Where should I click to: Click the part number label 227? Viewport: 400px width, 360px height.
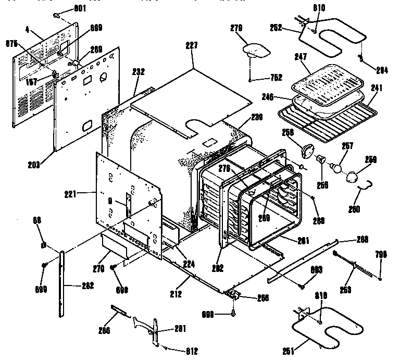click(x=192, y=45)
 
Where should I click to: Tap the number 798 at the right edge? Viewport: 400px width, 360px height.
click(x=381, y=254)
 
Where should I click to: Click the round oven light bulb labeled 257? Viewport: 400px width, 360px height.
click(x=337, y=168)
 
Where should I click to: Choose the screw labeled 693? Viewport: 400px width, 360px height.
click(x=302, y=284)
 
